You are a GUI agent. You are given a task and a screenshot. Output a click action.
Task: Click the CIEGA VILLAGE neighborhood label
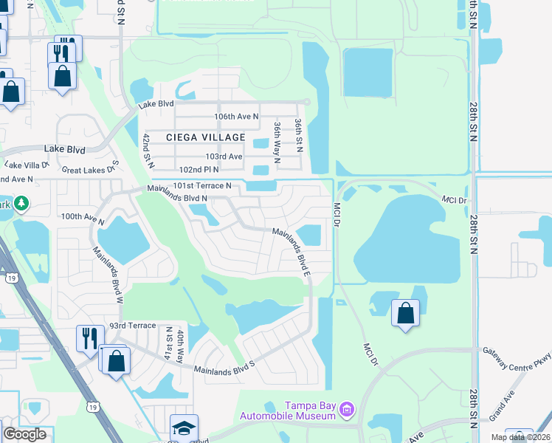click(x=205, y=137)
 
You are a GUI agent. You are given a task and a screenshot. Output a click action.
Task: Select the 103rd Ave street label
click(x=224, y=157)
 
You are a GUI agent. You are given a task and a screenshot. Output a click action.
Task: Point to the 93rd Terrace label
click(x=132, y=326)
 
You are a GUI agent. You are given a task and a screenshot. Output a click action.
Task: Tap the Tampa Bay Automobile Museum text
click(x=311, y=411)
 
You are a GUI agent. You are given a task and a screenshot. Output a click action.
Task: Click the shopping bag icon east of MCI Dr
click(x=405, y=313)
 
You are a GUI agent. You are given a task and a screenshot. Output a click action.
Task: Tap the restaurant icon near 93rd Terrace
click(x=89, y=338)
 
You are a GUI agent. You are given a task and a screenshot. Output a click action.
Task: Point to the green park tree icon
click(x=21, y=203)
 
